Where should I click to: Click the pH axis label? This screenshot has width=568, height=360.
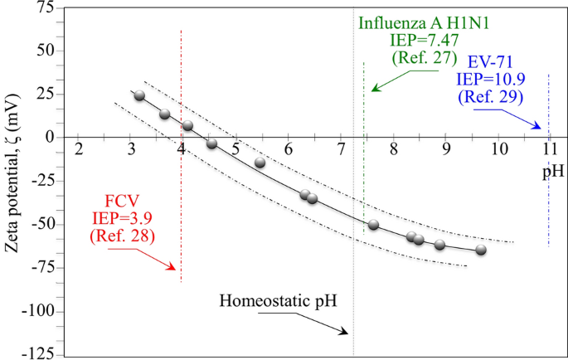pos(553,172)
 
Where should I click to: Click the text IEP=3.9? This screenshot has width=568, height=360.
pos(125,219)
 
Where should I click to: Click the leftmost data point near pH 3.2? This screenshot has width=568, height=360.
pos(139,95)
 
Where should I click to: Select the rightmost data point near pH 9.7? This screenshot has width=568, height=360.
pos(481,250)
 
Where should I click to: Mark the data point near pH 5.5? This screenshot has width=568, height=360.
pos(260,162)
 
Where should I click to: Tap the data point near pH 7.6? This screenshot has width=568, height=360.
pos(373,225)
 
